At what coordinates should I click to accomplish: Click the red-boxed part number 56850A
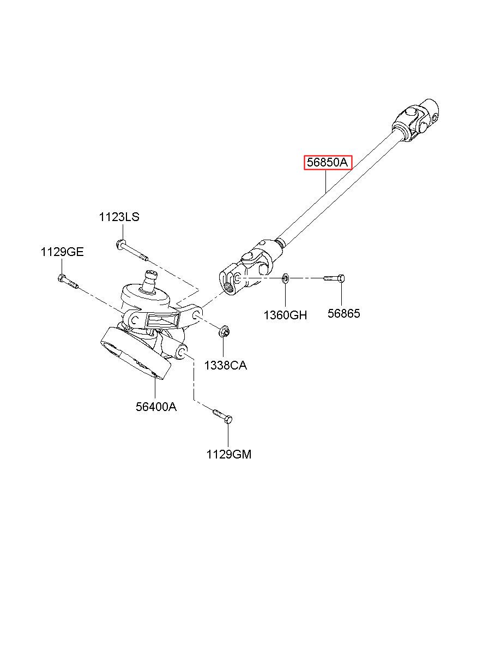coord(328,162)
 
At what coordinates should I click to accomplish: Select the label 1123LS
coord(119,217)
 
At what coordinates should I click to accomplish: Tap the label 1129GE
coord(62,252)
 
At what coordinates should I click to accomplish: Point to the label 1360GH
coord(285,314)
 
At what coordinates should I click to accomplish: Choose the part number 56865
coord(343,313)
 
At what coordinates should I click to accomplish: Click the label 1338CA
coord(225,365)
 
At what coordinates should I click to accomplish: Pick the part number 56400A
coord(156,406)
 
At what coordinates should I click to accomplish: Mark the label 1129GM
coord(229,454)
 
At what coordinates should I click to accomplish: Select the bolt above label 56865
coord(333,278)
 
